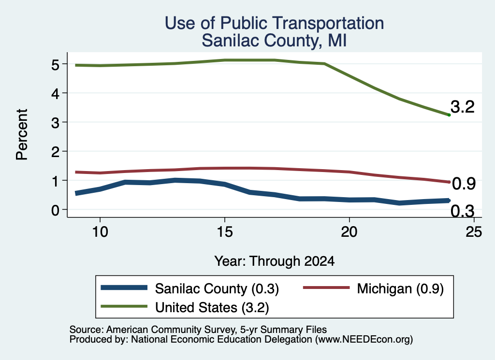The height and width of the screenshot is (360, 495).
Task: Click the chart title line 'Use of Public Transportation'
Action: [275, 23]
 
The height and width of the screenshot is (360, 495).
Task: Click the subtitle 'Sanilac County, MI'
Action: [275, 41]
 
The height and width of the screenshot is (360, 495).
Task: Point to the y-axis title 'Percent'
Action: [22, 134]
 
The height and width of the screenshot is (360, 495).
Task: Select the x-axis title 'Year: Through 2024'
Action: [275, 261]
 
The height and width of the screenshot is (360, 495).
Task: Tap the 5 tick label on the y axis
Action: [55, 65]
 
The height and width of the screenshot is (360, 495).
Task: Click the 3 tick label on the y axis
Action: [55, 122]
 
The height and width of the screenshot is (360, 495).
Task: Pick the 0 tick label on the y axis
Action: [55, 210]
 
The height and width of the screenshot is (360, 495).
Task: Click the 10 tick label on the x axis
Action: [100, 232]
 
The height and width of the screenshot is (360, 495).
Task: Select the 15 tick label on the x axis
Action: [225, 232]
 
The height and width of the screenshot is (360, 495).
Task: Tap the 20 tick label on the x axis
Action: [349, 232]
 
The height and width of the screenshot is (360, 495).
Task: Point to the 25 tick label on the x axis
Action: [474, 232]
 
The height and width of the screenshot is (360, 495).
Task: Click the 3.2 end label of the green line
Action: [463, 107]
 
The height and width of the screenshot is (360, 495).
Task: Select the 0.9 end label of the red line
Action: [464, 184]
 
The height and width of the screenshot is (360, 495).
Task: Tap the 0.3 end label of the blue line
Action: [463, 211]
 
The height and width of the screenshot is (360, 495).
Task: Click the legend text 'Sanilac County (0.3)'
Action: [217, 288]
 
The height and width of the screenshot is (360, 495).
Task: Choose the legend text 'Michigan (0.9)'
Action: [400, 288]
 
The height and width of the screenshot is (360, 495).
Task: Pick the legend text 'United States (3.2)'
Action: [212, 308]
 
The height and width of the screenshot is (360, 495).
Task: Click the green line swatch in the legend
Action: [124, 306]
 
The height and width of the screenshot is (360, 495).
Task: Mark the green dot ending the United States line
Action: [449, 115]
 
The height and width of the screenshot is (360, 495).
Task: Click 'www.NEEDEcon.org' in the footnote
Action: [364, 340]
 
